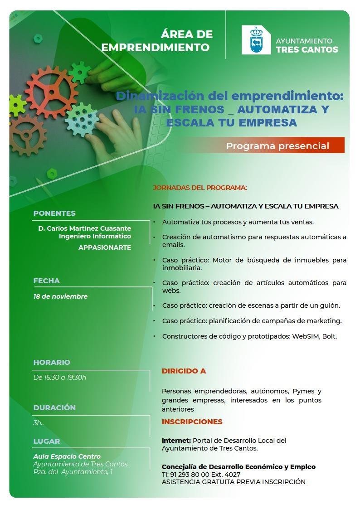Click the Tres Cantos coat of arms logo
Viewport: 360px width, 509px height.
(256, 40)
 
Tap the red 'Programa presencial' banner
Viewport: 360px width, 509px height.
(277, 146)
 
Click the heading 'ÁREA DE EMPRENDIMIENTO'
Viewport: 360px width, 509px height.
(157, 40)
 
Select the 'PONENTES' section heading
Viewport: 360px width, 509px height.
(54, 213)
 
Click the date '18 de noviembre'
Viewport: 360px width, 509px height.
(60, 296)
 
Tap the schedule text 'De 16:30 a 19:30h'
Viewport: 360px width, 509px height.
(60, 377)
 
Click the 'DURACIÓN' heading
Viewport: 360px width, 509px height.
(54, 407)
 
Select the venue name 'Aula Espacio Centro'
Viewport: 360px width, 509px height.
(67, 456)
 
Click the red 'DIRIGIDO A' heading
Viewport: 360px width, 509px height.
(184, 371)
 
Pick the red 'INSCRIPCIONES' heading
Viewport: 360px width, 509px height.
(192, 422)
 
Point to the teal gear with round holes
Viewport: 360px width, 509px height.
(82, 120)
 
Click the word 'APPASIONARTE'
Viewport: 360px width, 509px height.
(105, 247)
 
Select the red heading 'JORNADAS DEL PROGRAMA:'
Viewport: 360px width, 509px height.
(200, 188)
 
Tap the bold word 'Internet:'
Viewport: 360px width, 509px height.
(176, 440)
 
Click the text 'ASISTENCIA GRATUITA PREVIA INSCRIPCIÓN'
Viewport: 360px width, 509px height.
(234, 482)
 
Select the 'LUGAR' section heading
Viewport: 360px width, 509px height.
(46, 441)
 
